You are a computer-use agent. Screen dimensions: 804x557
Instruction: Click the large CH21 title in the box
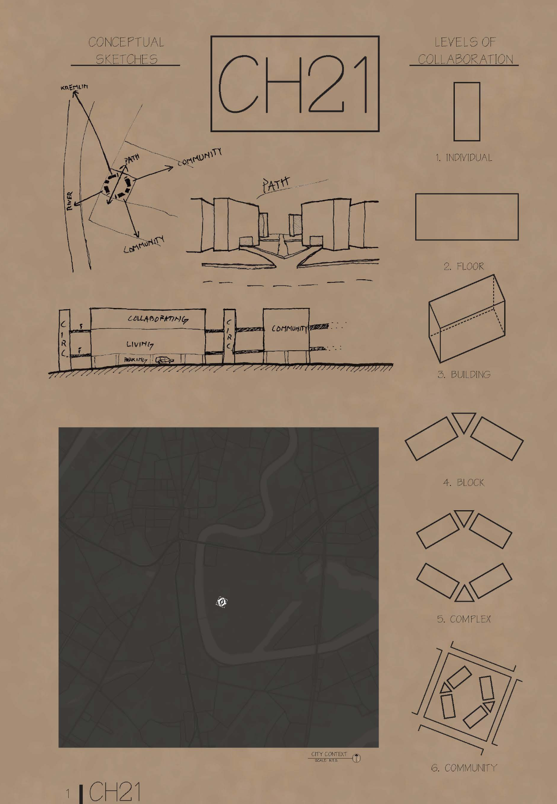[x=294, y=84]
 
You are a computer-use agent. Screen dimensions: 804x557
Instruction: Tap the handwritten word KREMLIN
[x=74, y=87]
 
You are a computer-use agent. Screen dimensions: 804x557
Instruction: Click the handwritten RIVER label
[x=70, y=201]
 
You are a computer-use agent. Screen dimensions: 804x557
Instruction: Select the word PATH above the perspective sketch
[x=276, y=184]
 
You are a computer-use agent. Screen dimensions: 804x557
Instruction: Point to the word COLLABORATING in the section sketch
[x=158, y=319]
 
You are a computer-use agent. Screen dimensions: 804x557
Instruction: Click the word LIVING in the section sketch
[x=140, y=344]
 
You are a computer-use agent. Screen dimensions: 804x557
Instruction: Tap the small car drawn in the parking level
[x=164, y=360]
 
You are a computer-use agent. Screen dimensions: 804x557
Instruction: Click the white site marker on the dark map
[x=221, y=602]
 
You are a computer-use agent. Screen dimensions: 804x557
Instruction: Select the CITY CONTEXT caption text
[x=329, y=754]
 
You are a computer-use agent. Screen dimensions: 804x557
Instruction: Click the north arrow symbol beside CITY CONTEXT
[x=357, y=758]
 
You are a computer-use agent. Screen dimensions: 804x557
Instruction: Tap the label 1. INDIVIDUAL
[x=464, y=158]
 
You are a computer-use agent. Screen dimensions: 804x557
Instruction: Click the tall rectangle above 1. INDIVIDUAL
[x=467, y=111]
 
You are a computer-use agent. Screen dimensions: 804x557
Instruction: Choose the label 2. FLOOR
[x=464, y=266]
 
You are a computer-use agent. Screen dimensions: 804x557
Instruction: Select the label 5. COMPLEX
[x=464, y=619]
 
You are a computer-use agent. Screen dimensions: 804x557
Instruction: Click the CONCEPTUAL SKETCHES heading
[x=126, y=51]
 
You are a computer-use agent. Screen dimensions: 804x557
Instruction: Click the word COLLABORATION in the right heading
[x=465, y=59]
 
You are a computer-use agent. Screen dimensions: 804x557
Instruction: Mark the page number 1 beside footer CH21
[x=68, y=793]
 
